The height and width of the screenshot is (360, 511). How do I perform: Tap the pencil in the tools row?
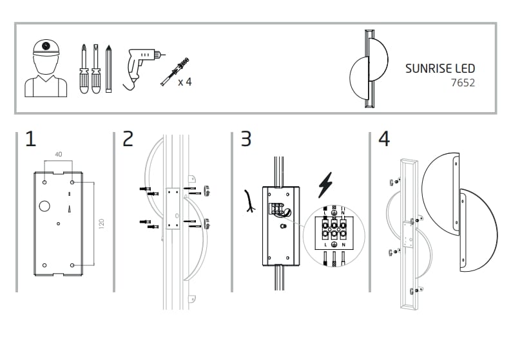point(109,69)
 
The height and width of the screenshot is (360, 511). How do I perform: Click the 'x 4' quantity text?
point(184,82)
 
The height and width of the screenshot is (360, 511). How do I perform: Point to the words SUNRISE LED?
point(440,68)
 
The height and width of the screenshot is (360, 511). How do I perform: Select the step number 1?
point(30,139)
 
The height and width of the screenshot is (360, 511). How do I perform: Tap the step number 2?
point(128,139)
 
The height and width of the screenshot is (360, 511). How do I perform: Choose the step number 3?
point(246,139)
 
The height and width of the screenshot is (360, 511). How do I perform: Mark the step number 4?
point(384,139)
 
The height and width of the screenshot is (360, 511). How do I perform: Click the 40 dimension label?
point(58,155)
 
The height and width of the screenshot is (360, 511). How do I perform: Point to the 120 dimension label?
point(102,224)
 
